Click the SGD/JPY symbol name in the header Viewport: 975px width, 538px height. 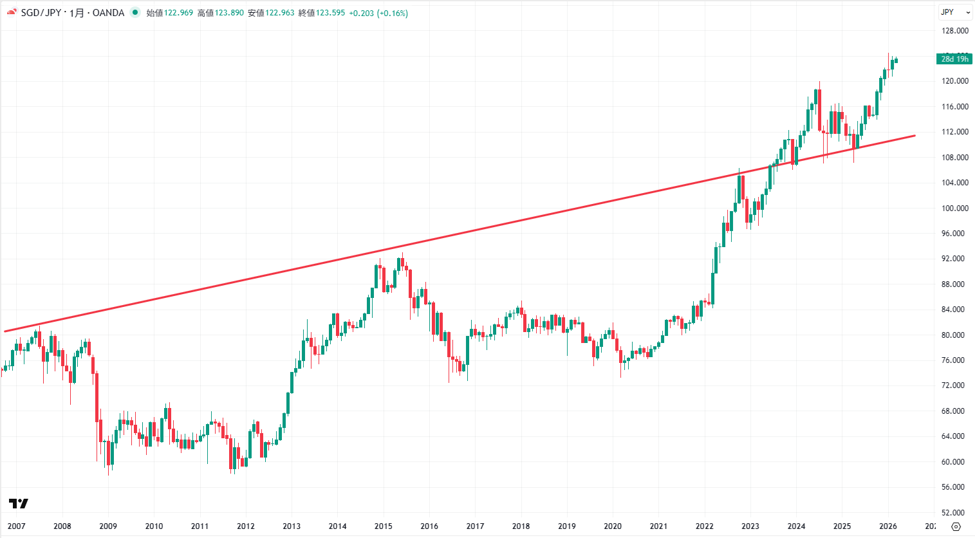tap(41, 13)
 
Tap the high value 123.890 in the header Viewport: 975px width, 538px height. tap(229, 13)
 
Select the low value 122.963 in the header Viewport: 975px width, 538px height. tap(279, 13)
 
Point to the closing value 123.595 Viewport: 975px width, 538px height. tap(330, 13)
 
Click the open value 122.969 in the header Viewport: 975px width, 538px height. tap(178, 13)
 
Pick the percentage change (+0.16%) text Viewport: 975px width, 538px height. tap(393, 13)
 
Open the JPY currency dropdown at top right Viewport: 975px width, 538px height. tap(954, 12)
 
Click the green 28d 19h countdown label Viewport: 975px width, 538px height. tap(954, 59)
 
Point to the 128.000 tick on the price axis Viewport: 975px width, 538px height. tap(955, 31)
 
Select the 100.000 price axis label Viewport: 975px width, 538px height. tap(955, 209)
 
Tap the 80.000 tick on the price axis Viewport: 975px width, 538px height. tap(955, 335)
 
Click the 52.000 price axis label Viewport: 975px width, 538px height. tap(955, 513)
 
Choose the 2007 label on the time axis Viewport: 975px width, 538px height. tap(17, 526)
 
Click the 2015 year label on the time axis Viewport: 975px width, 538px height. tap(384, 526)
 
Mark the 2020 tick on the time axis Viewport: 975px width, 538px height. tap(613, 526)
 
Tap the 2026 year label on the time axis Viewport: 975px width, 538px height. tap(888, 526)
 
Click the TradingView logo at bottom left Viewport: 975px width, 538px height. tap(19, 503)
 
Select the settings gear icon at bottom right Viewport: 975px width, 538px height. tap(956, 526)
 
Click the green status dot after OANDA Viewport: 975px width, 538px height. tap(135, 12)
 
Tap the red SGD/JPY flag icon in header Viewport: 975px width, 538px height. tap(12, 13)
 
